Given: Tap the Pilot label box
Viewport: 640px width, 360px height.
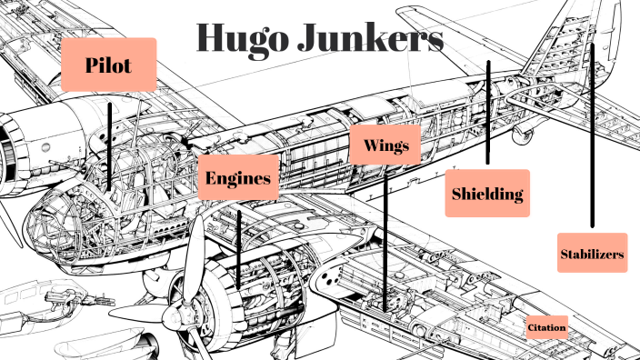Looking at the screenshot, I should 109,64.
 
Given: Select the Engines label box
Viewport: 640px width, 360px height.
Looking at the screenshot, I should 238,177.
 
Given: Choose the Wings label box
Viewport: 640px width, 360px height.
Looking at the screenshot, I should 385,145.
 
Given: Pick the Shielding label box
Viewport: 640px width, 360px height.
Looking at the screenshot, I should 487,193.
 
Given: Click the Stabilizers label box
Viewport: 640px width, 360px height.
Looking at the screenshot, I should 592,254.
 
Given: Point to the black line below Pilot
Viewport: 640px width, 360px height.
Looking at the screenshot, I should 110,145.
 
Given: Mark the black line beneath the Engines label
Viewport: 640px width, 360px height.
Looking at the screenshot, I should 238,245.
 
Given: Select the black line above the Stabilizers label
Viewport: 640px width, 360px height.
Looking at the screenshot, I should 592,136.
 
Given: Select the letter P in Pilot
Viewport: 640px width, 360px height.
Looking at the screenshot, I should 93,65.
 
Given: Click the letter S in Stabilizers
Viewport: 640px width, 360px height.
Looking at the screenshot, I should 565,255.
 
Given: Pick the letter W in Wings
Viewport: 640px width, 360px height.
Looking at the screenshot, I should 369,145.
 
